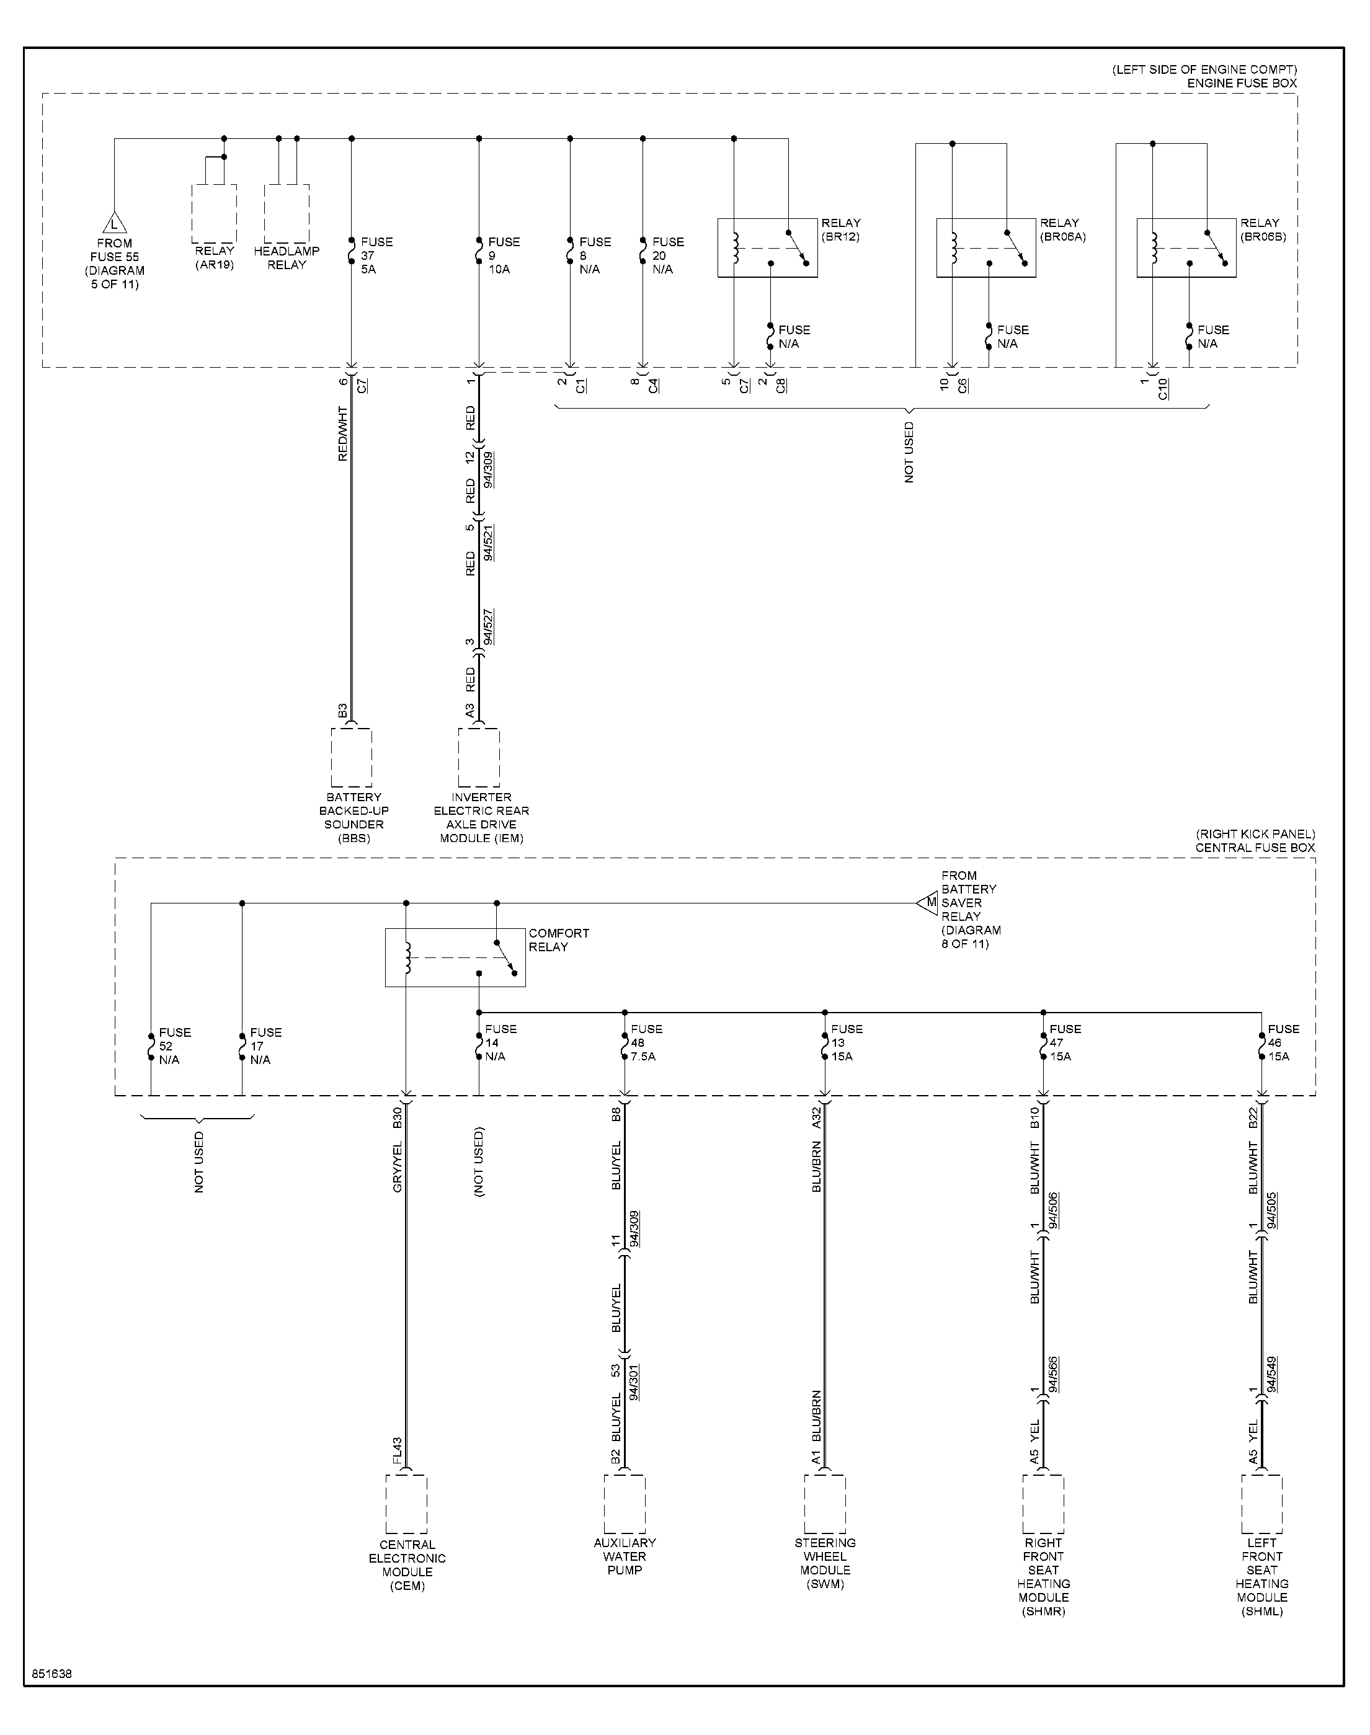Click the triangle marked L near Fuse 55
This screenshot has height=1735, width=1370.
coord(114,222)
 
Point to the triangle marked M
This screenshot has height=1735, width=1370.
coord(927,903)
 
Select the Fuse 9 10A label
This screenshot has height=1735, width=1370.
coord(504,255)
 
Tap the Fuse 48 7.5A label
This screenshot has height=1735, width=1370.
coord(646,1042)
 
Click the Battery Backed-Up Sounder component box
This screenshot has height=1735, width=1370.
coord(351,758)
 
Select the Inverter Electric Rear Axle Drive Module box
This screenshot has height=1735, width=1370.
coord(479,758)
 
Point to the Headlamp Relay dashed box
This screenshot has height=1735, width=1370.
coord(287,213)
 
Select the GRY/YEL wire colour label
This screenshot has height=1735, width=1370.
coord(397,1166)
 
